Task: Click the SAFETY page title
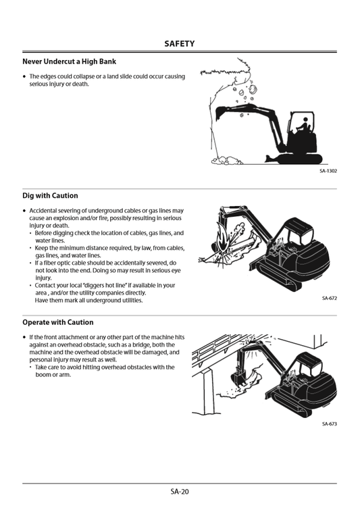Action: click(180, 43)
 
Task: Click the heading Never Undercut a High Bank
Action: click(69, 61)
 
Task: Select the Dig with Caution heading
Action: click(50, 195)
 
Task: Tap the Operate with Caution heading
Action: click(58, 322)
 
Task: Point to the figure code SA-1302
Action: click(328, 171)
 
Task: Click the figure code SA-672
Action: click(330, 299)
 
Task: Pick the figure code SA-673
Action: click(330, 424)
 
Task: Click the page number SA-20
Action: click(180, 492)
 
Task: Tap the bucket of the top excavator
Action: click(220, 113)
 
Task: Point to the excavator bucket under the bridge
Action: click(238, 378)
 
